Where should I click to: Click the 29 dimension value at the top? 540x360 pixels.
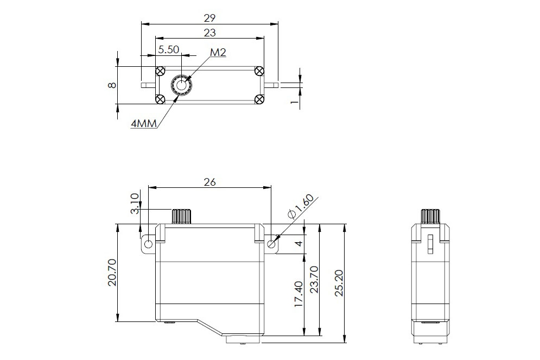209,17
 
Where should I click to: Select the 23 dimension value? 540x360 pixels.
209,33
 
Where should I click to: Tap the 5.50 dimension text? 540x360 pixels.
168,49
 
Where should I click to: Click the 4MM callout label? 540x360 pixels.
144,123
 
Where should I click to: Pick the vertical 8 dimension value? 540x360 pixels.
112,85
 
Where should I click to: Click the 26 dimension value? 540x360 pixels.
209,182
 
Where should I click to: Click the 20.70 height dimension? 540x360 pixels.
112,273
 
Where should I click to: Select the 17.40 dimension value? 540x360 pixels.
298,294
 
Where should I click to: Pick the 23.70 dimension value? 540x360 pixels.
314,280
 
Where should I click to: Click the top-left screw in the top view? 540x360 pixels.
160,72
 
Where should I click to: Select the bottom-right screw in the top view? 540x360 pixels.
259,99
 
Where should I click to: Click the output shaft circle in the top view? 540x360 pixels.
181,85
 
